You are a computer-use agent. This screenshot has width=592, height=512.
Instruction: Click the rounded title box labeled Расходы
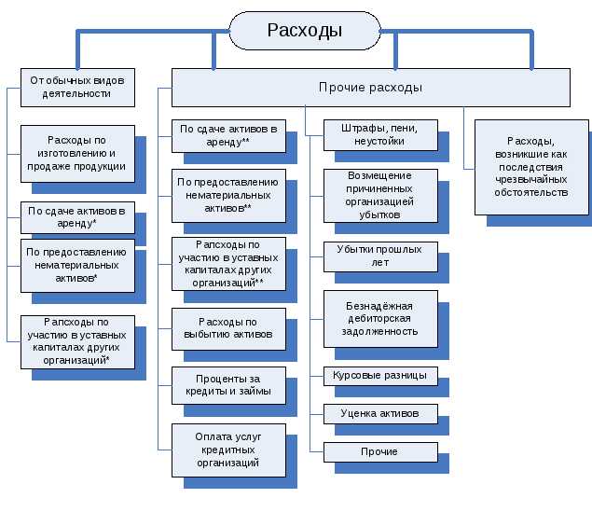tap(305, 31)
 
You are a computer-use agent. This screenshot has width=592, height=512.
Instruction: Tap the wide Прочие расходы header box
tap(370, 87)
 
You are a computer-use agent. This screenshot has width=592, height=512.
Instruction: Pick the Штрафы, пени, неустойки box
tap(380, 134)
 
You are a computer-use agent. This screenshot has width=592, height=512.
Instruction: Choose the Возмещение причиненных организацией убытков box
tap(380, 194)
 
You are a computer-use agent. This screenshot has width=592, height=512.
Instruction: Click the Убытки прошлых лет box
tap(380, 255)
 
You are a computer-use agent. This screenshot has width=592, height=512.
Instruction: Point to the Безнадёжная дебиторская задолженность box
tap(380, 318)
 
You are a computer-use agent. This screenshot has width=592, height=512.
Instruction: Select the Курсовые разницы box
tap(380, 376)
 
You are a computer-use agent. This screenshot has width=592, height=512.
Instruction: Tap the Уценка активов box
tap(380, 413)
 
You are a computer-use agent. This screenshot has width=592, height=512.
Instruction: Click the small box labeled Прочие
tap(380, 451)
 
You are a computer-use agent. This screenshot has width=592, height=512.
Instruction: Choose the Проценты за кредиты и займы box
tap(227, 385)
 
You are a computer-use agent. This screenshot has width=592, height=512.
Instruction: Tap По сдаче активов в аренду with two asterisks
tap(227, 134)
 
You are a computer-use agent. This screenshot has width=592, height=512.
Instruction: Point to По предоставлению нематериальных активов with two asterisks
tap(227, 194)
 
